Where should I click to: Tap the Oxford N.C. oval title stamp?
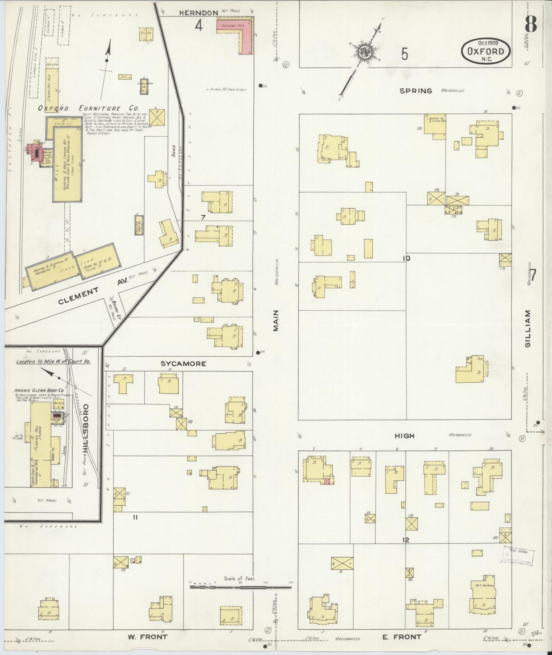tap(486, 51)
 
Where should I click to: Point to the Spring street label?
tap(415, 91)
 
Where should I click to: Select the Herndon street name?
tap(198, 13)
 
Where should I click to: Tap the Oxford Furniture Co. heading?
tap(88, 109)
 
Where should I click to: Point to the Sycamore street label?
tap(184, 364)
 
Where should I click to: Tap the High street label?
tap(404, 436)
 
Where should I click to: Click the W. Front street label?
tap(148, 637)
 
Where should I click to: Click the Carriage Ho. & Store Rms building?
tap(435, 126)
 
